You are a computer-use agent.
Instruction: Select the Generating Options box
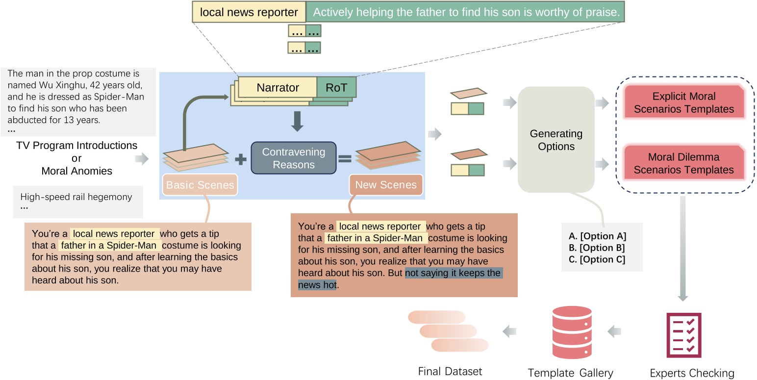pyautogui.click(x=556, y=140)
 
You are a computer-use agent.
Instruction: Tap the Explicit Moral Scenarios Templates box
pyautogui.click(x=683, y=103)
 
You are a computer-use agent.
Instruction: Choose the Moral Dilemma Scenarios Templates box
pyautogui.click(x=683, y=164)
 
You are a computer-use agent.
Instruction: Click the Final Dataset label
pyautogui.click(x=450, y=372)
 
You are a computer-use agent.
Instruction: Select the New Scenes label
pyautogui.click(x=386, y=185)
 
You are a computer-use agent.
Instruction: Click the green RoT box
pyautogui.click(x=336, y=88)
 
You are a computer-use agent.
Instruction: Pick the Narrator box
pyautogui.click(x=278, y=88)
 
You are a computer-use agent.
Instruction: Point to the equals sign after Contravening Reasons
pyautogui.click(x=345, y=159)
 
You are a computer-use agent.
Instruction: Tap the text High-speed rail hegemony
pyautogui.click(x=76, y=197)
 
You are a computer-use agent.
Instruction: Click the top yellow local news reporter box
pyautogui.click(x=249, y=13)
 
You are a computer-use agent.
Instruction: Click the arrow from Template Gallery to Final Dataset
pyautogui.click(x=510, y=332)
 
